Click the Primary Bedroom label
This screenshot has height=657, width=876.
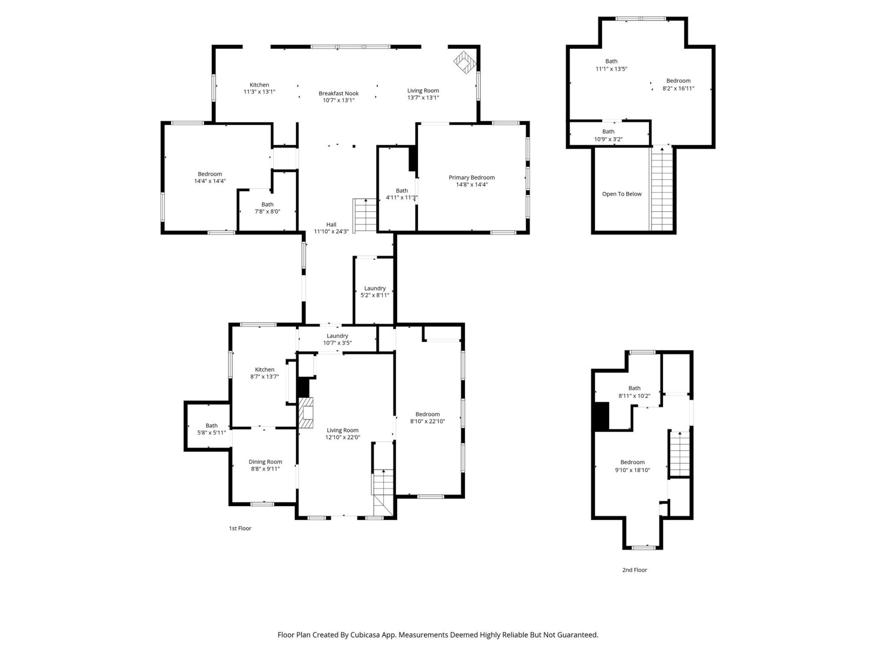pyautogui.click(x=471, y=177)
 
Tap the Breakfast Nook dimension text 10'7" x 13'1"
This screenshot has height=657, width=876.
pyautogui.click(x=338, y=100)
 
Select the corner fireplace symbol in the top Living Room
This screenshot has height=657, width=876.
pyautogui.click(x=464, y=62)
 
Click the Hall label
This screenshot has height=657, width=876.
pyautogui.click(x=331, y=224)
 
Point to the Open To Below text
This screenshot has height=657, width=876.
pyautogui.click(x=621, y=194)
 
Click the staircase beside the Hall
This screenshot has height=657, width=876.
pyautogui.click(x=365, y=216)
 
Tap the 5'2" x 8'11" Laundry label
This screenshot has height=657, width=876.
pyautogui.click(x=375, y=288)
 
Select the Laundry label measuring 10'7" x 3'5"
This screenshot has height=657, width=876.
pyautogui.click(x=337, y=336)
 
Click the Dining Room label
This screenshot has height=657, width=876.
pyautogui.click(x=265, y=462)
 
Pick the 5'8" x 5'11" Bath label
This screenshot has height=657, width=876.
pyautogui.click(x=211, y=426)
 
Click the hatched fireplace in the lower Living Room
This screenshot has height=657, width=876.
pyautogui.click(x=306, y=413)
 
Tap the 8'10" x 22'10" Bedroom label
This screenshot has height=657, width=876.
pyautogui.click(x=427, y=414)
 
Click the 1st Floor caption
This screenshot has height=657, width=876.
pyautogui.click(x=240, y=528)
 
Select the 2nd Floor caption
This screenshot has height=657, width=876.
pyautogui.click(x=634, y=570)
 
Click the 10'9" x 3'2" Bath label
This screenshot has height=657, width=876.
pyautogui.click(x=608, y=132)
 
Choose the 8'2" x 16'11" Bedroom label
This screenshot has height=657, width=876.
pyautogui.click(x=678, y=81)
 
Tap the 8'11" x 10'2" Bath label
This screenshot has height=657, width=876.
pyautogui.click(x=634, y=388)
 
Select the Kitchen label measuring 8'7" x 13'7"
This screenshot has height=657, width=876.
pyautogui.click(x=264, y=370)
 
